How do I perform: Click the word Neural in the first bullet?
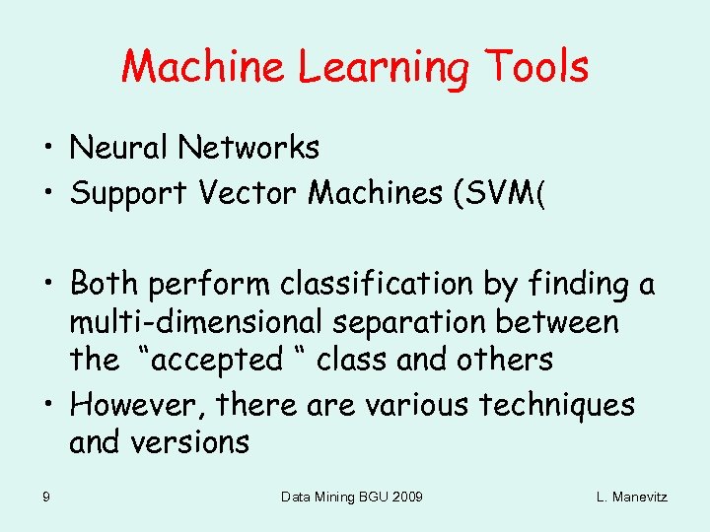tap(119, 148)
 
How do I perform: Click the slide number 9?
tap(46, 497)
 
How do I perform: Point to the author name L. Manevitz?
tap(631, 497)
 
